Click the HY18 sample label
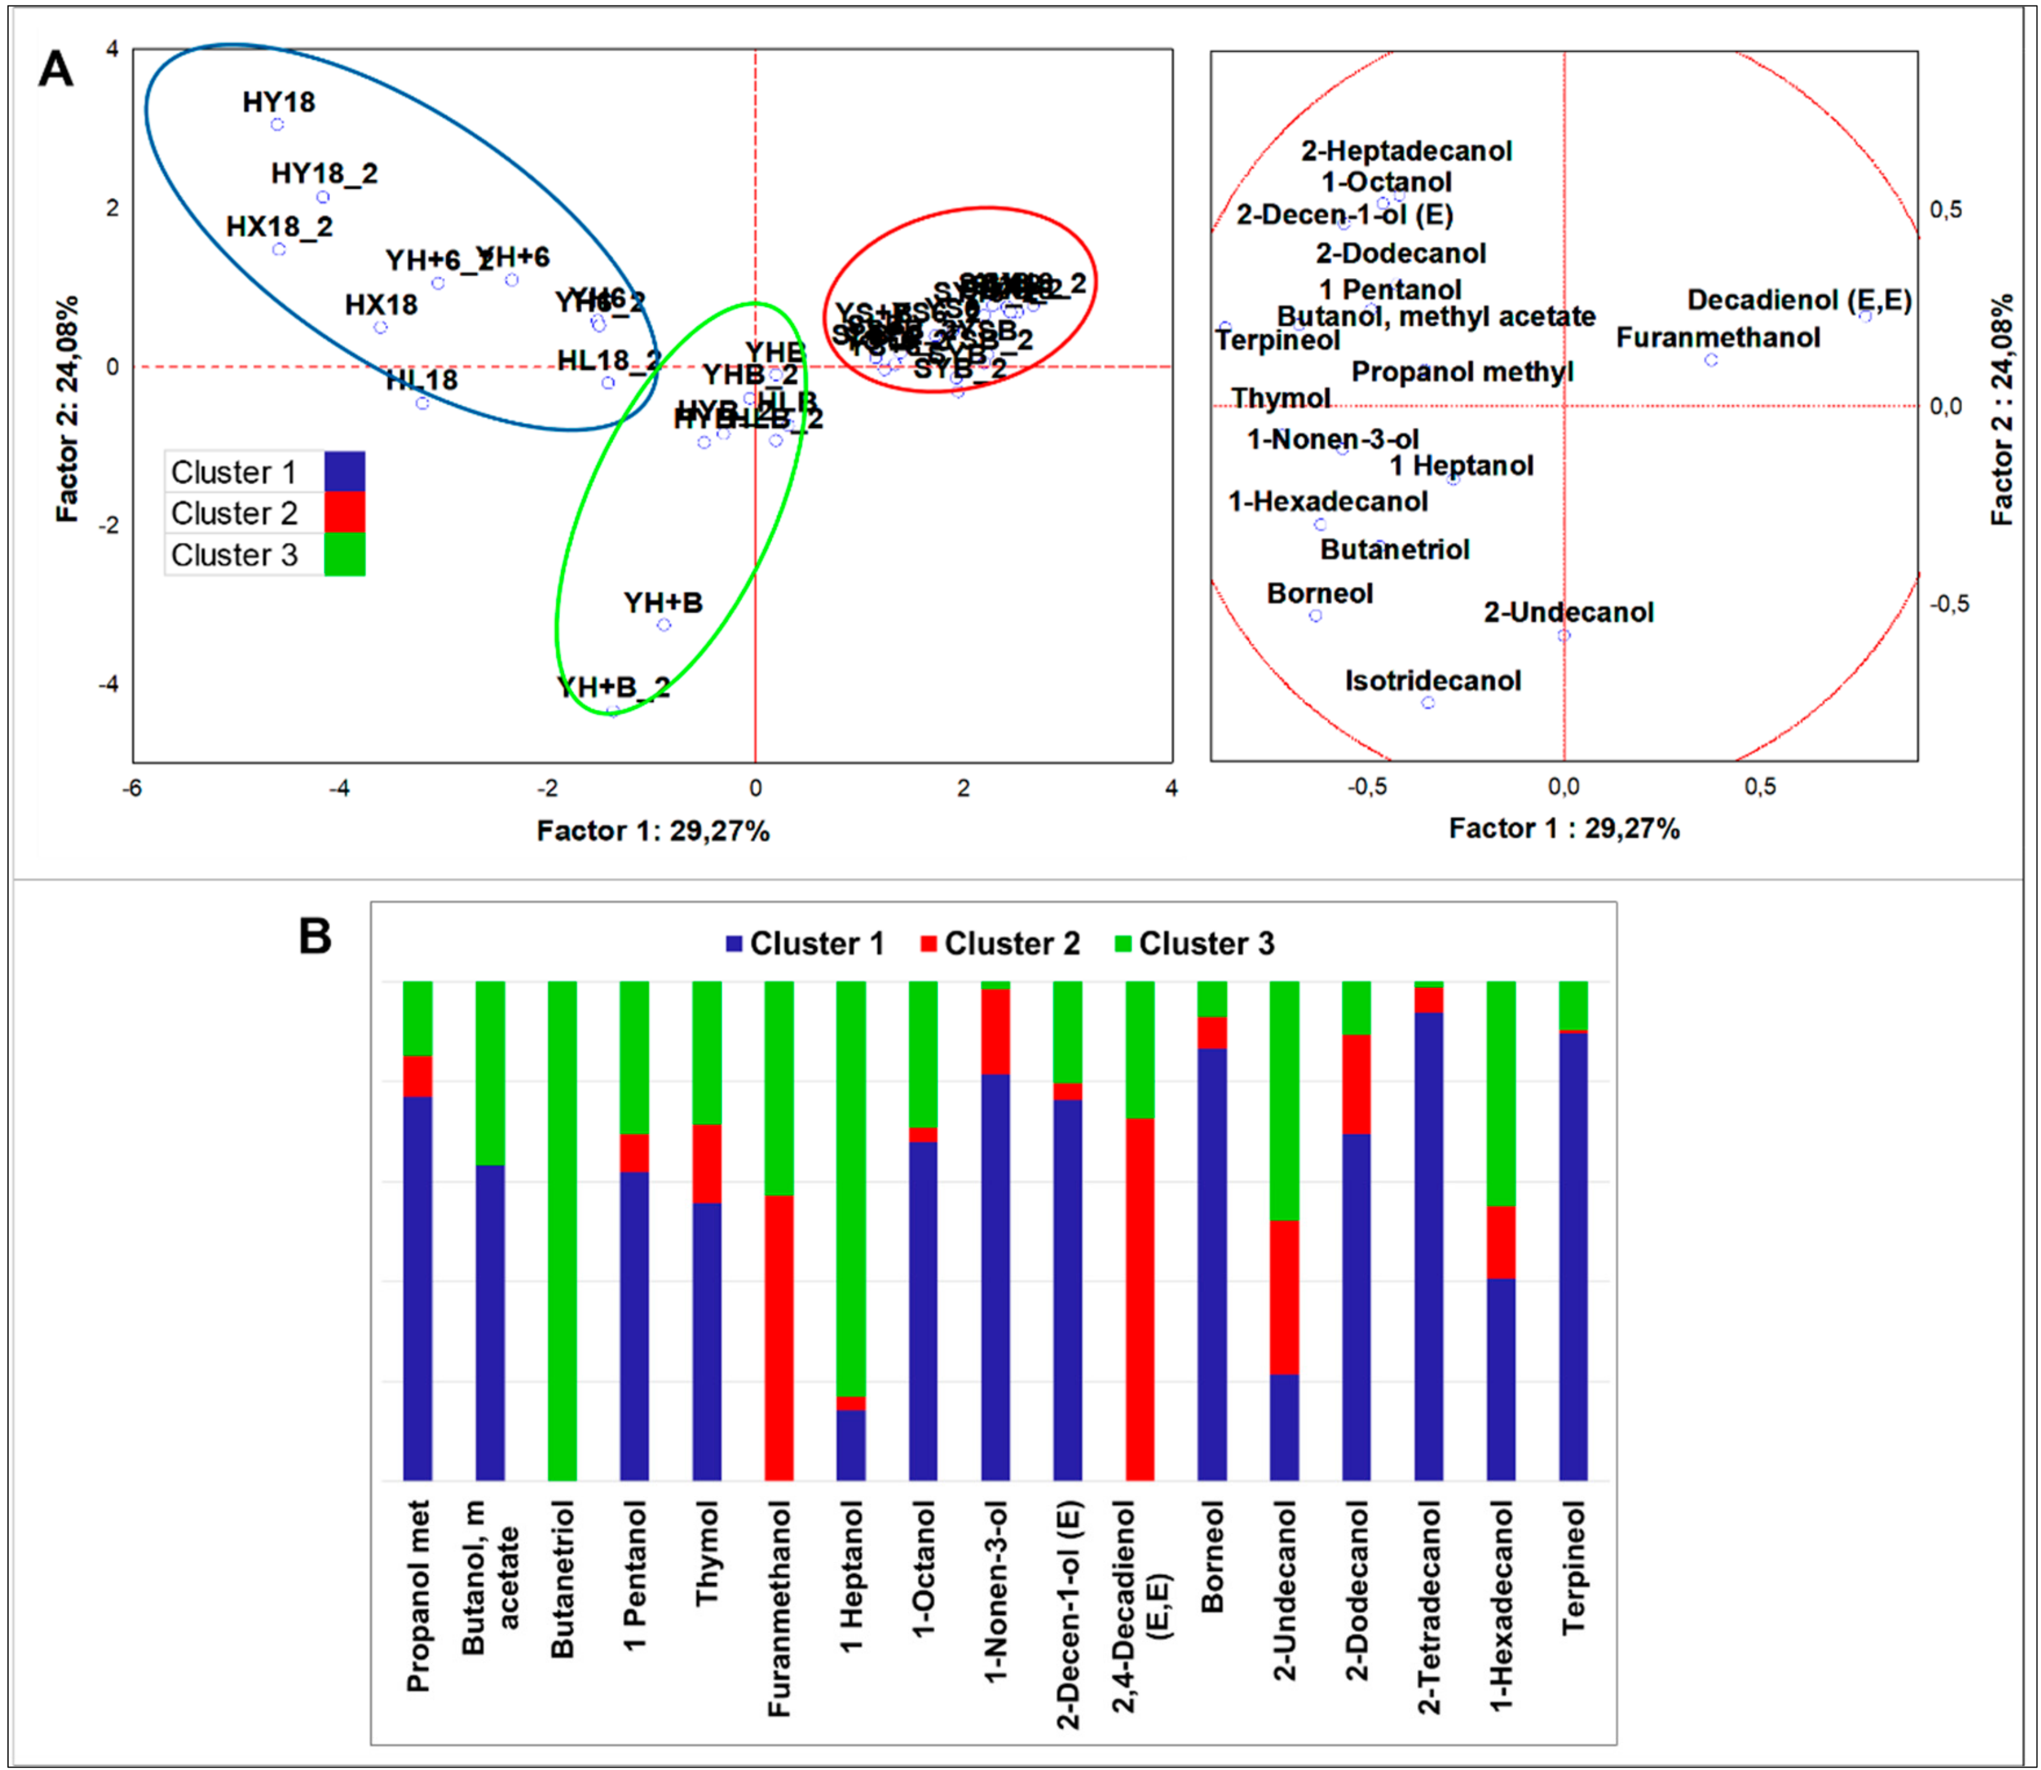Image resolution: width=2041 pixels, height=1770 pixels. (x=279, y=102)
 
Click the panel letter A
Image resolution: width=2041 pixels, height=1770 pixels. (x=56, y=70)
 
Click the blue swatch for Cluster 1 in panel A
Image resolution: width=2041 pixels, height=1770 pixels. (x=345, y=471)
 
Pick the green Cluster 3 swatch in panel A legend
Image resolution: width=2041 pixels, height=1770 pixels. (x=345, y=554)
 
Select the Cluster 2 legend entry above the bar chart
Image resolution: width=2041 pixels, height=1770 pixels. (x=1000, y=943)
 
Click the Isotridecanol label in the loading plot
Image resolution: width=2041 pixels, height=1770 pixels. (x=1433, y=680)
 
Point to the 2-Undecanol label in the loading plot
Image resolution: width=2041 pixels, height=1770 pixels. (x=1568, y=612)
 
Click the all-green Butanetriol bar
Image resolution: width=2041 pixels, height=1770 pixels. (x=562, y=1230)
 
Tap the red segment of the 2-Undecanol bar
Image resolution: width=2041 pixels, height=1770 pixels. (x=1285, y=1297)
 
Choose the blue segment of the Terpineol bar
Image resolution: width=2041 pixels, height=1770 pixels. (x=1573, y=1254)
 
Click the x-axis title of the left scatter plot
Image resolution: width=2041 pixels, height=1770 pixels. (x=653, y=831)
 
